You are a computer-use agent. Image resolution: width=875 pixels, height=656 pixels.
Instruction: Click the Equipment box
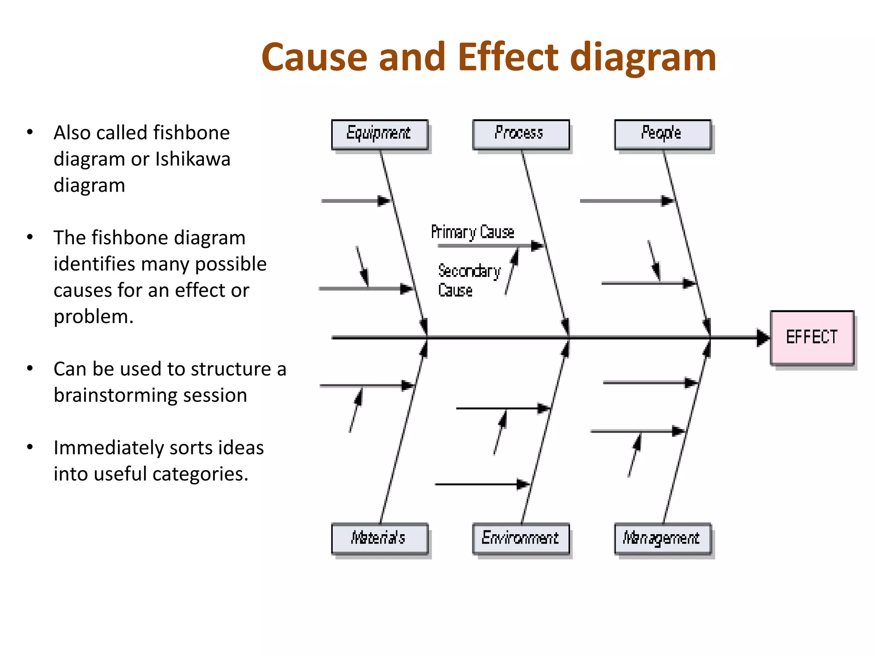pos(380,135)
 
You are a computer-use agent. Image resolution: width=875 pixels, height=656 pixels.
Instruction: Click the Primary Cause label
pos(473,232)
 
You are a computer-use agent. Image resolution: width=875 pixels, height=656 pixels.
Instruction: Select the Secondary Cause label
pos(469,280)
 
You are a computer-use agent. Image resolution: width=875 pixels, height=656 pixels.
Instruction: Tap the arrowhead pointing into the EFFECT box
pos(763,337)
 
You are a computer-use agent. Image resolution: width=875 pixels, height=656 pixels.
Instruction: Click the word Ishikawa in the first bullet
pos(193,159)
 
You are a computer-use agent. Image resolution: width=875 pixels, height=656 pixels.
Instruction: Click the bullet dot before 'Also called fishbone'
pos(29,132)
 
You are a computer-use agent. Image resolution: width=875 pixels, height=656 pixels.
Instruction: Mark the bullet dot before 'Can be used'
pos(29,368)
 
